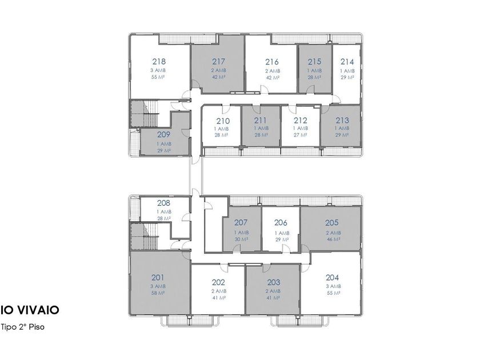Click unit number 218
point(159,62)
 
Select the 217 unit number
point(218,62)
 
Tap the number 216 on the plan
point(272,62)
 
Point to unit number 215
point(314,62)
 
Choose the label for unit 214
point(347,62)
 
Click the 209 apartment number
point(164,134)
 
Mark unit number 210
point(223,121)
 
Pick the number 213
point(342,121)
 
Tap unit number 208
point(164,203)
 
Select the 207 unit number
point(241,222)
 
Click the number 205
point(332,222)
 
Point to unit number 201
point(158,278)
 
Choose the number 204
point(332,278)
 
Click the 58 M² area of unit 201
point(158,293)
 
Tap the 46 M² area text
point(334,239)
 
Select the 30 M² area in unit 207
point(242,239)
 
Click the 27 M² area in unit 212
point(301,135)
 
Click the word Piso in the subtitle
point(37,327)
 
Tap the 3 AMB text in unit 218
point(158,70)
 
